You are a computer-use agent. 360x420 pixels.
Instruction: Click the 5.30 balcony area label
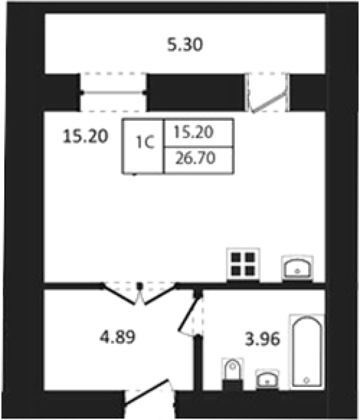(x=185, y=45)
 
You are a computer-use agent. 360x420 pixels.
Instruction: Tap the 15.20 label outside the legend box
(x=85, y=136)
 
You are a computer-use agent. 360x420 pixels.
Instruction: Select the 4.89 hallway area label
(x=118, y=337)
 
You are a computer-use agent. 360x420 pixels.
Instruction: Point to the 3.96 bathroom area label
(x=262, y=339)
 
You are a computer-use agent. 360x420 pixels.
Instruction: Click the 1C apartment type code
(x=145, y=142)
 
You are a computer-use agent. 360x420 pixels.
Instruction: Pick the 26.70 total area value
(x=195, y=158)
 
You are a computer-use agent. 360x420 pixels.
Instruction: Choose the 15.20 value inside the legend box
(x=194, y=132)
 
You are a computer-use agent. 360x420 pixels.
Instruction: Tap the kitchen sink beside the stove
(x=297, y=269)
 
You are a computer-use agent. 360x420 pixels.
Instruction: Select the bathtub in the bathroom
(x=307, y=351)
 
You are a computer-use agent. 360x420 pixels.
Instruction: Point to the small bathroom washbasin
(x=267, y=380)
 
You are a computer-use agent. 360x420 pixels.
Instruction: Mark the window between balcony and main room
(x=113, y=93)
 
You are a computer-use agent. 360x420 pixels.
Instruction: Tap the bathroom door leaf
(x=190, y=312)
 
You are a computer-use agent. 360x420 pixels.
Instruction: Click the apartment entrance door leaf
(x=146, y=392)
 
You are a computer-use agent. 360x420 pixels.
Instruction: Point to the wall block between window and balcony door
(x=196, y=93)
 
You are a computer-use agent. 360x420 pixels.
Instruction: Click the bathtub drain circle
(x=307, y=380)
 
